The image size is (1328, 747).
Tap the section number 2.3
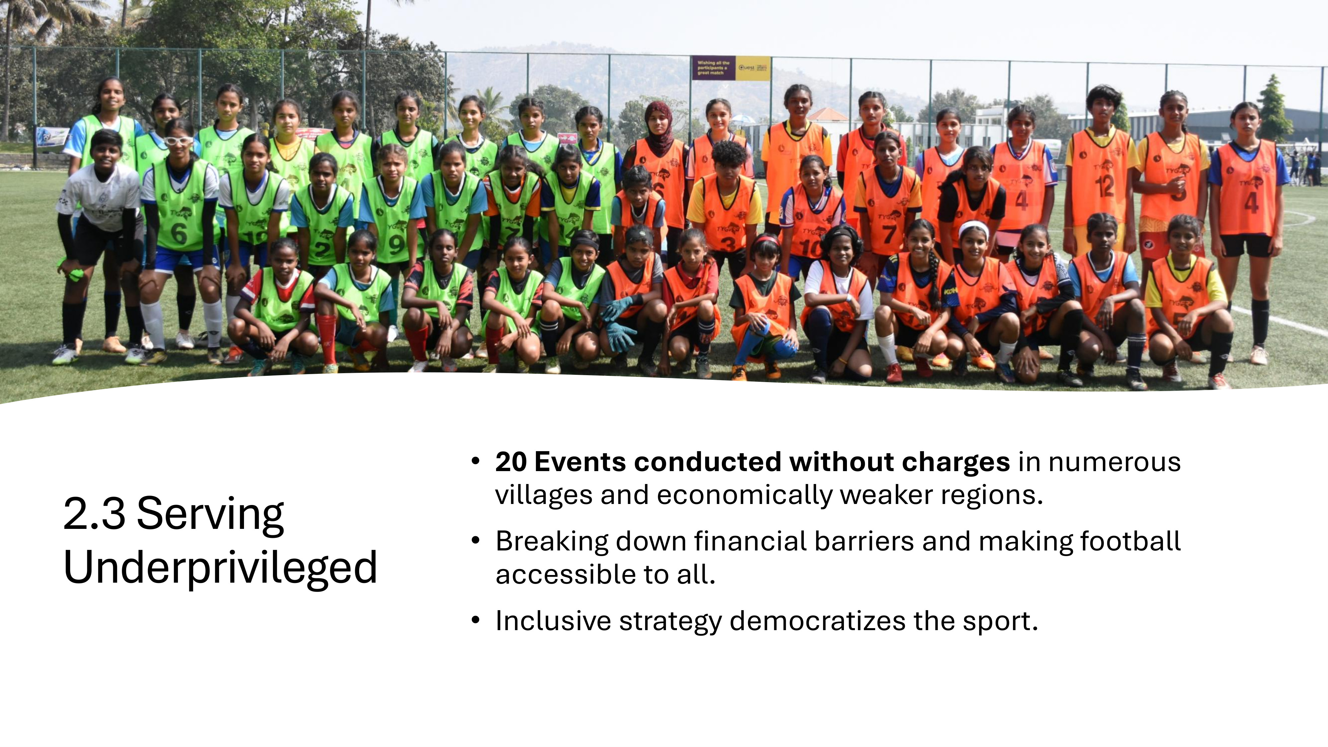[x=94, y=514]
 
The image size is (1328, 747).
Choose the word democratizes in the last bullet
[x=817, y=621]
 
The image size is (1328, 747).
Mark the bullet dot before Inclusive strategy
[x=475, y=620]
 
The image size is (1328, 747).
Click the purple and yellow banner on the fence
[x=730, y=68]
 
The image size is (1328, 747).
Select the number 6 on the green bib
[x=178, y=233]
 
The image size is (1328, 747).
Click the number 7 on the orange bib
[x=888, y=235]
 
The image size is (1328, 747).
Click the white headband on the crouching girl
[x=973, y=227]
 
